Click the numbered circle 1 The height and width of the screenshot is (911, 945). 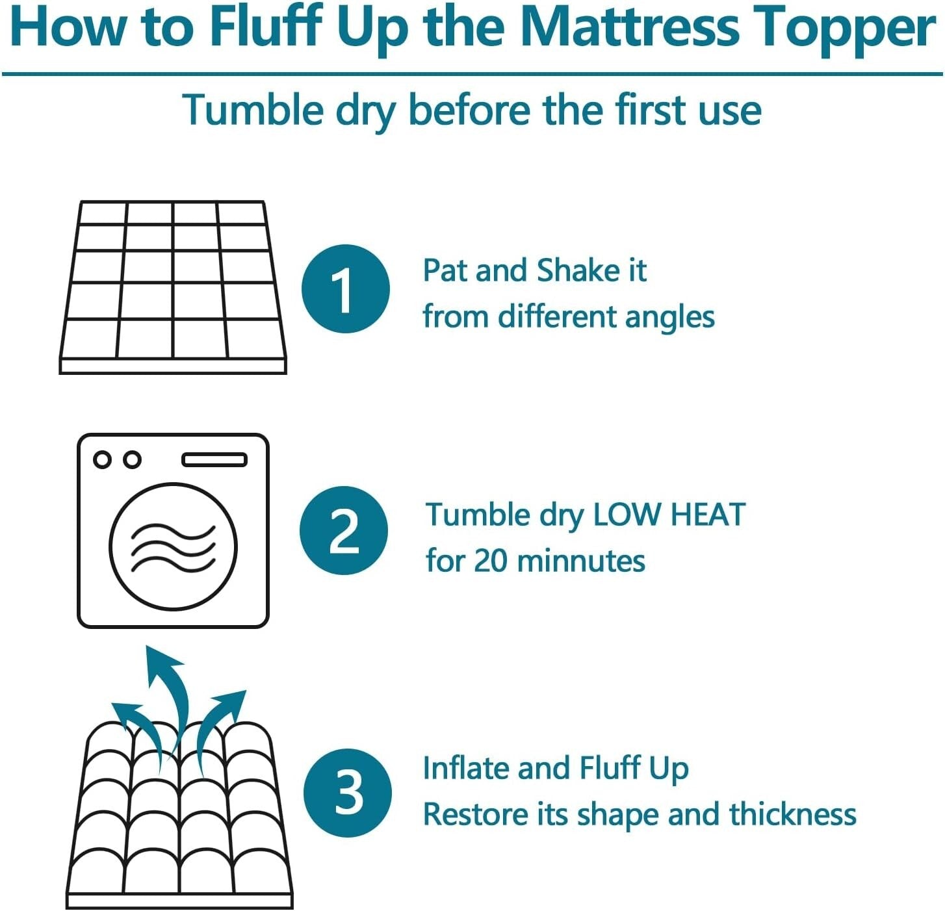(345, 289)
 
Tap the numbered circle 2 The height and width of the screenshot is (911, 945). (344, 530)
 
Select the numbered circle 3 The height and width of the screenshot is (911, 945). (348, 793)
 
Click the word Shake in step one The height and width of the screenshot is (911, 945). (578, 270)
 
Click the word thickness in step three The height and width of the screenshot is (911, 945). (792, 814)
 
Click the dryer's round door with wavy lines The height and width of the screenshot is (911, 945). (173, 546)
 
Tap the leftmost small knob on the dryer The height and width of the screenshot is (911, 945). (102, 459)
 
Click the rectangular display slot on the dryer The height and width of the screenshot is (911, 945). (214, 460)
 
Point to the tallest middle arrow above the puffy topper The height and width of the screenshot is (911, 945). (165, 689)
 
